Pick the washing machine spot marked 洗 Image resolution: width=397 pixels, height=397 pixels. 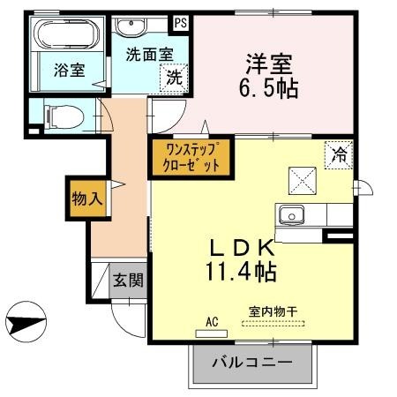coord(175,77)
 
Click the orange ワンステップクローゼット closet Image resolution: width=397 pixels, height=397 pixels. coord(191,157)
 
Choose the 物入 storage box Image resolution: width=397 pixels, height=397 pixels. coord(86,198)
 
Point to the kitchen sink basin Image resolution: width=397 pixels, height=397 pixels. coord(291,214)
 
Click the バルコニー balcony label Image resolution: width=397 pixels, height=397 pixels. coord(251,362)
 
